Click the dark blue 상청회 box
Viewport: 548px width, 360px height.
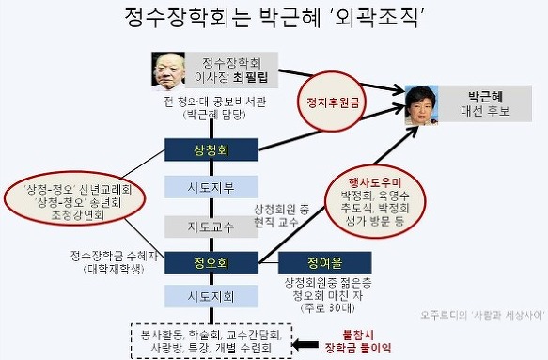coord(211,149)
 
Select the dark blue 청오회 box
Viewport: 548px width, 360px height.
coord(211,263)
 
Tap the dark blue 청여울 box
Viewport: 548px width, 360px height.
coord(324,263)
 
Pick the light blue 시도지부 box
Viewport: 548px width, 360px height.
coord(211,187)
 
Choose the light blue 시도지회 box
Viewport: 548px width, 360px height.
coord(211,296)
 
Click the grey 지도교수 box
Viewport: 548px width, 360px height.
coord(211,227)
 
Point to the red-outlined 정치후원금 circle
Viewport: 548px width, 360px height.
coord(333,102)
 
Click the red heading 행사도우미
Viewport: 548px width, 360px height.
coord(375,182)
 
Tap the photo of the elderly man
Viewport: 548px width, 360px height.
coord(168,70)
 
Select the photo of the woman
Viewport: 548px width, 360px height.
coord(422,105)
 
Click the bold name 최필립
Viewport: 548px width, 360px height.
coord(250,77)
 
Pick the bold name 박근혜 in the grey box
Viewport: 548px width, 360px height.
coord(485,97)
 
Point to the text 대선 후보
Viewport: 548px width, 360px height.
coord(485,111)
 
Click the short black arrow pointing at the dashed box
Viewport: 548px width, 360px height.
coord(305,345)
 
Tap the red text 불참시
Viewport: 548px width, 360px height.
coord(358,336)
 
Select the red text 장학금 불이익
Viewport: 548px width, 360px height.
coord(358,348)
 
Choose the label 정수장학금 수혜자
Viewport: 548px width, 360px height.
coord(114,257)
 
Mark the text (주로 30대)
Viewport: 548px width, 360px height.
coord(327,308)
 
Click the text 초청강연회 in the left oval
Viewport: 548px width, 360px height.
coord(78,215)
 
